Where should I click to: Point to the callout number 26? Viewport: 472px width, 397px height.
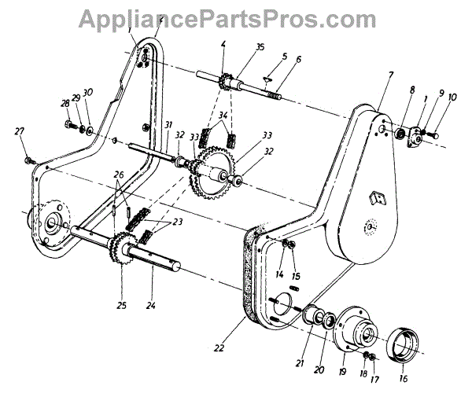[119, 175]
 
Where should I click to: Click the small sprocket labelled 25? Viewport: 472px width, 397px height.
[124, 248]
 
